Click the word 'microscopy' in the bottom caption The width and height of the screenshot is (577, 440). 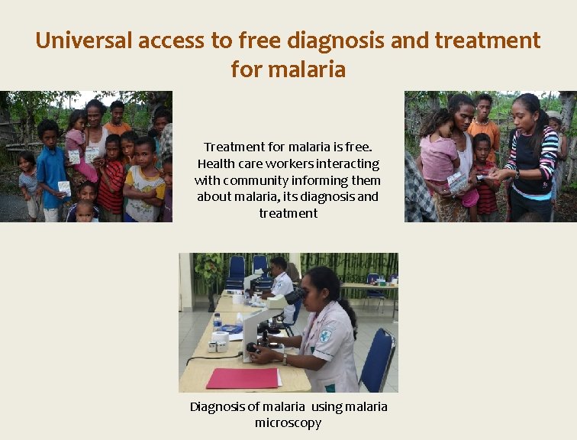click(x=288, y=422)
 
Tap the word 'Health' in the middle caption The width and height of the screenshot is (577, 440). click(x=215, y=163)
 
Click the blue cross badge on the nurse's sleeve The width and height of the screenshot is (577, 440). click(x=327, y=335)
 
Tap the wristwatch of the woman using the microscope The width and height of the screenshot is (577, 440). click(x=284, y=357)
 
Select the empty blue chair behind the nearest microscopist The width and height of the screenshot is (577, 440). click(x=378, y=359)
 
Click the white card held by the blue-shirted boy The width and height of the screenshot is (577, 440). click(x=64, y=187)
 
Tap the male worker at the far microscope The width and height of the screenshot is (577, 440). click(x=279, y=278)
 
